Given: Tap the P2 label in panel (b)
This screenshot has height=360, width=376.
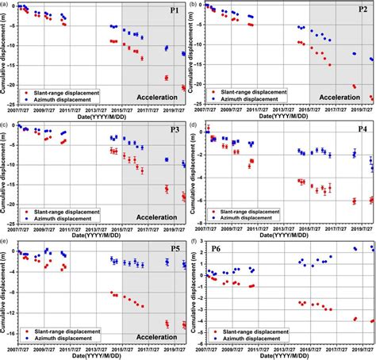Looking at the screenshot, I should click(362, 10).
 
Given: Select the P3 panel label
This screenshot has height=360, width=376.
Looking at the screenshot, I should click(174, 129).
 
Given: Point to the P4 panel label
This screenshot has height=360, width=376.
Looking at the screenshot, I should click(362, 129).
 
